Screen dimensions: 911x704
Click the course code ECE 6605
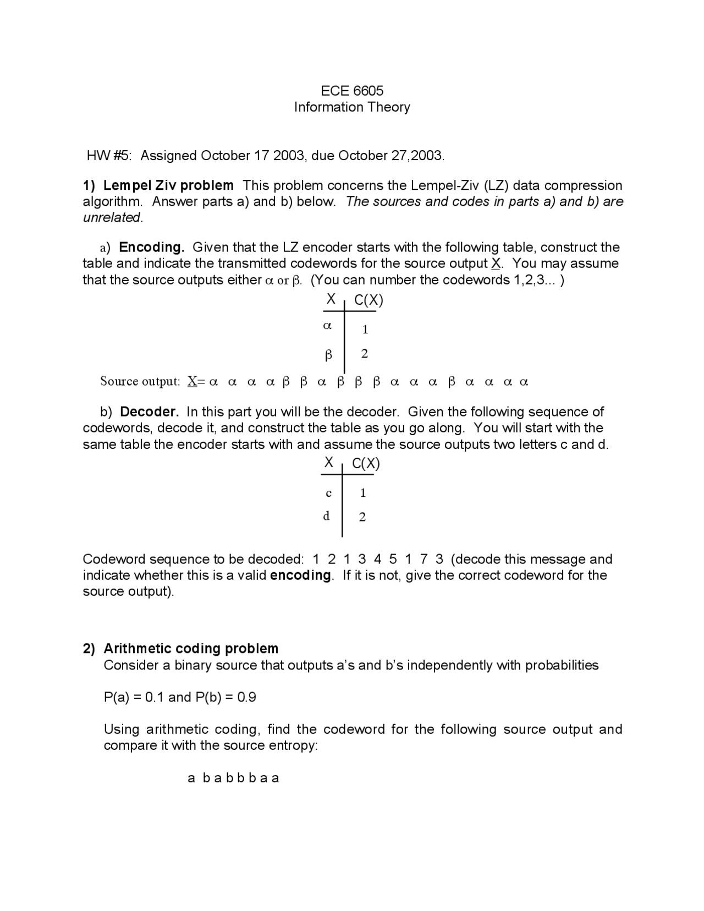pos(352,91)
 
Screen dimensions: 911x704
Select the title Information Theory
pos(352,107)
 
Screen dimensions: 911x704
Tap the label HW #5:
pos(109,156)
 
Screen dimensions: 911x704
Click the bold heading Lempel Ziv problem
pos(168,185)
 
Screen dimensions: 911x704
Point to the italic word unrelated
pos(112,217)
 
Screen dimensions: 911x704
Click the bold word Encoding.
pos(151,247)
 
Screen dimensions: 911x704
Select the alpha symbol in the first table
pos(327,326)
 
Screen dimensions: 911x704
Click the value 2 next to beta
pos(364,354)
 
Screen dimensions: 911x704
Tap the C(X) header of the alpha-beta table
pos(369,300)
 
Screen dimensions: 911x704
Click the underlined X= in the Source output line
pos(196,381)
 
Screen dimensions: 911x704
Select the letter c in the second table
pos(328,493)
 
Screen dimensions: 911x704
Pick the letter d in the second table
pos(327,516)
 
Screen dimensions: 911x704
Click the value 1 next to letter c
pos(363,493)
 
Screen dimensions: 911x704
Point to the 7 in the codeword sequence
pos(424,559)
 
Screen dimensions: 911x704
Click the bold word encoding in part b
pos(301,575)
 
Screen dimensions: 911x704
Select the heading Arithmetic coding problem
pos(191,649)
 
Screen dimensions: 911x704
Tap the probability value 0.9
pos(246,698)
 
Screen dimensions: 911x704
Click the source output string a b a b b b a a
pos(233,778)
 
